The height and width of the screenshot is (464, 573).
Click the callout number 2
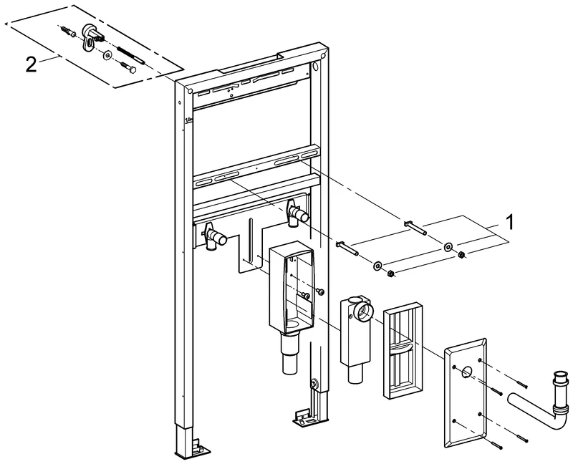[x=31, y=63]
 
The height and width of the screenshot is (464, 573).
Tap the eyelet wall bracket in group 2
[x=92, y=34]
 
